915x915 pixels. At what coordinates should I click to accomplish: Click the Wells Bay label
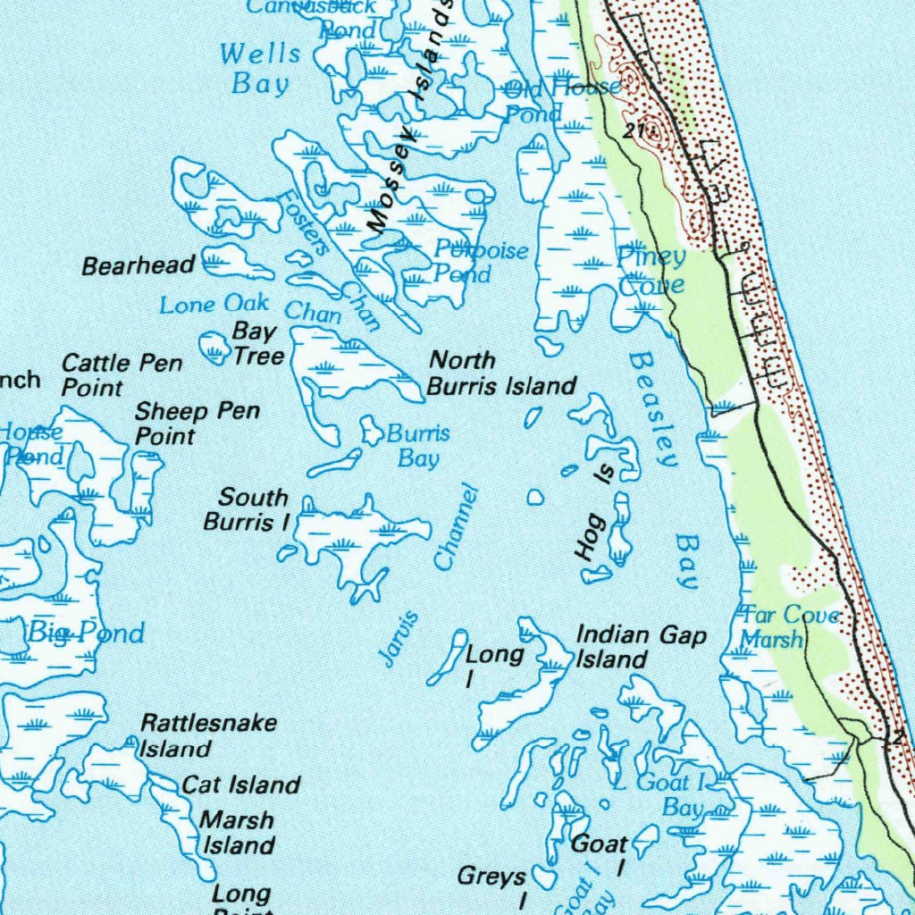coord(260,69)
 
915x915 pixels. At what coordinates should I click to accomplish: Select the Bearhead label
coord(139,265)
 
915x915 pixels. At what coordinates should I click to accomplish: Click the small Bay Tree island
coord(214,347)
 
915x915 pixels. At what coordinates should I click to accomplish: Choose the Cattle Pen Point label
coord(122,375)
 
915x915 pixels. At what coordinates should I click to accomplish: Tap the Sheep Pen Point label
coord(197,424)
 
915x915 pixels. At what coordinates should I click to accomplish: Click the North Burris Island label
coord(500,374)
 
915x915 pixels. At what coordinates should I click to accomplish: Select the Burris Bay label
coord(418,446)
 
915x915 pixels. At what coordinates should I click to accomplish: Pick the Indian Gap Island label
coord(641,648)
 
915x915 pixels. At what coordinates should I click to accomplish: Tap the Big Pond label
coord(86,634)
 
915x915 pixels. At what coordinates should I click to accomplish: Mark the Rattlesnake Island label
coord(207,735)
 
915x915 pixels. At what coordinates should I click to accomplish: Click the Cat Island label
coord(240,785)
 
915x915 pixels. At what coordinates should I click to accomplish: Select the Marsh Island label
coord(237,832)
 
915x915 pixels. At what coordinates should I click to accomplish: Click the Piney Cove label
coord(652,271)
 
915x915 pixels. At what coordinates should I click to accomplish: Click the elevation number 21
coord(634,131)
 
